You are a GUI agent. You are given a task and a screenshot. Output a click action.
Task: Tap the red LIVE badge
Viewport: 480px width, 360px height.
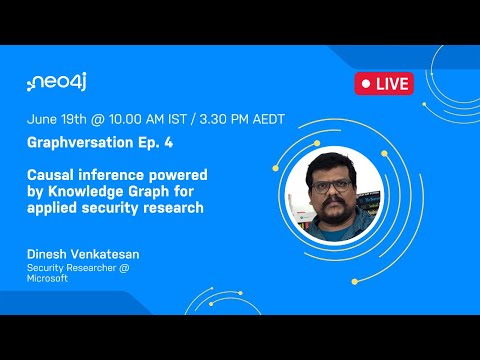coord(383,83)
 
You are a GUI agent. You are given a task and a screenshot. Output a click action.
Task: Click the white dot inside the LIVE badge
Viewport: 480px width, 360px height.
coord(367,83)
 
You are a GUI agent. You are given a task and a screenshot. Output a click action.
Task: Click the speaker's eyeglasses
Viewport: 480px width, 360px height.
coord(335,185)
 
